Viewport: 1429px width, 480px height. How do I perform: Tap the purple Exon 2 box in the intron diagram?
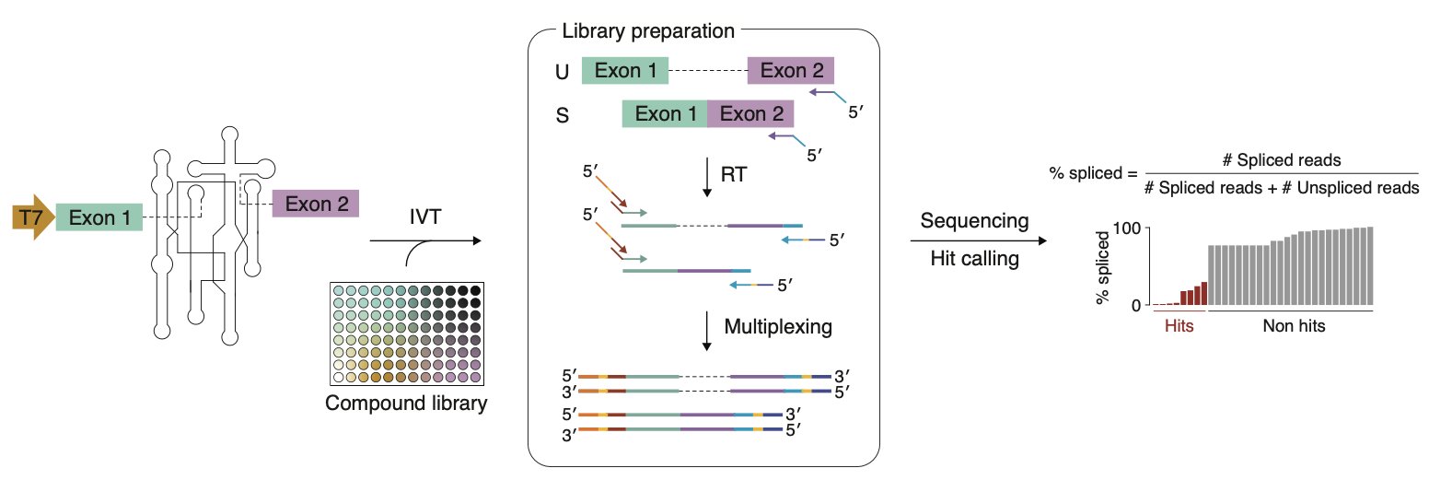click(x=316, y=204)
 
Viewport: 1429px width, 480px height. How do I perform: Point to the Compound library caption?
click(x=406, y=403)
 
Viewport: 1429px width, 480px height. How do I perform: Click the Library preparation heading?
click(x=647, y=30)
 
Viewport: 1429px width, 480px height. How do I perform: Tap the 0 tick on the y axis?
click(x=1138, y=304)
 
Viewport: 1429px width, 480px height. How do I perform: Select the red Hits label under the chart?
click(x=1179, y=326)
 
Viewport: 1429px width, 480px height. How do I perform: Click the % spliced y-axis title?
click(x=1100, y=267)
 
